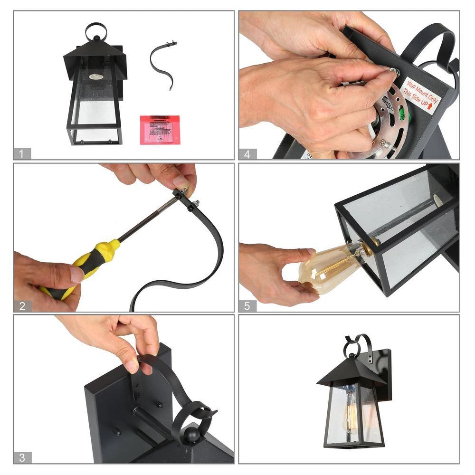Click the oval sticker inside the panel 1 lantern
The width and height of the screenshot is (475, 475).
(x=95, y=76)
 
